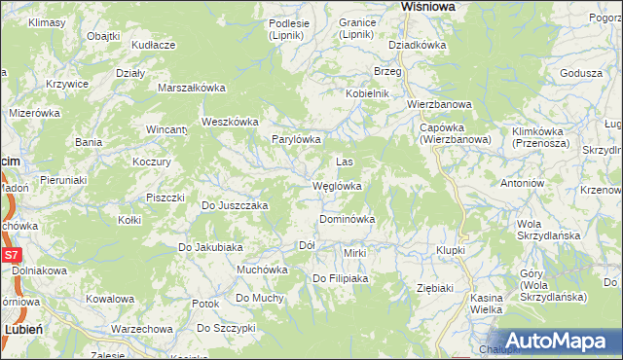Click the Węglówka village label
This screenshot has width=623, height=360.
337,186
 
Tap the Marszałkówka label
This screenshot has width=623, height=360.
192,88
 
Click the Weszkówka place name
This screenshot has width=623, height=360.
229,122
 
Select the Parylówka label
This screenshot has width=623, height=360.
296,139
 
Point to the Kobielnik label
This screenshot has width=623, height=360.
366,93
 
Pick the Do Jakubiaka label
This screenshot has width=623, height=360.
209,247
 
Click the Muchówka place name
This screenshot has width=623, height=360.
262,270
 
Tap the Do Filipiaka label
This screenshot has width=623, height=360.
340,279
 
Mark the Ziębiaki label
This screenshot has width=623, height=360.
435,288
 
